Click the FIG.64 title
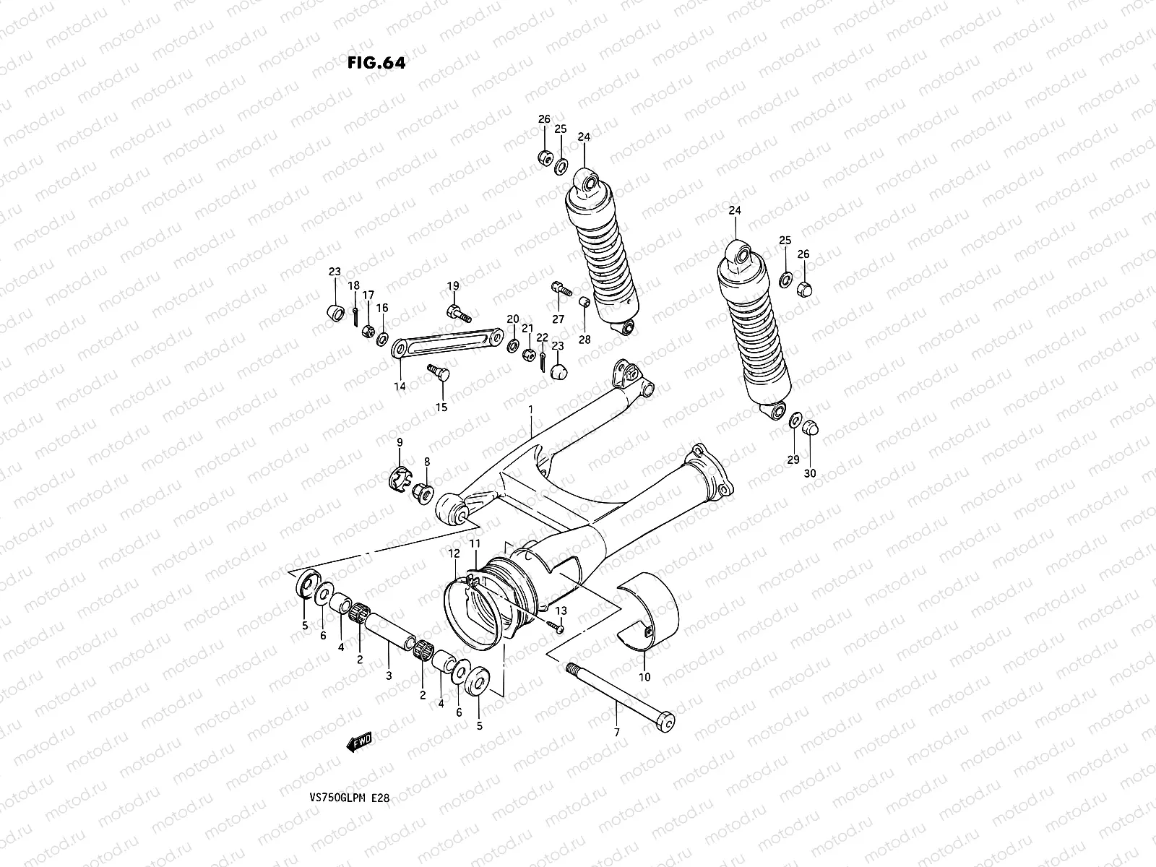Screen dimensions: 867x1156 pyautogui.click(x=376, y=63)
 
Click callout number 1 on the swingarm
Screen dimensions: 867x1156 pyautogui.click(x=530, y=410)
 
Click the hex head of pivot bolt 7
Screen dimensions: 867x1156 pyautogui.click(x=668, y=722)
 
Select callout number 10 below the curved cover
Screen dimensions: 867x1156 pyautogui.click(x=644, y=677)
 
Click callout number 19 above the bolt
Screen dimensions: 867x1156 pyautogui.click(x=452, y=286)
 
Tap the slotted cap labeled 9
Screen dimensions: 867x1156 pyautogui.click(x=400, y=478)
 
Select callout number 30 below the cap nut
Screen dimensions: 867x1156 pyautogui.click(x=810, y=473)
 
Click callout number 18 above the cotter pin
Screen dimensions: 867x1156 pyautogui.click(x=353, y=286)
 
